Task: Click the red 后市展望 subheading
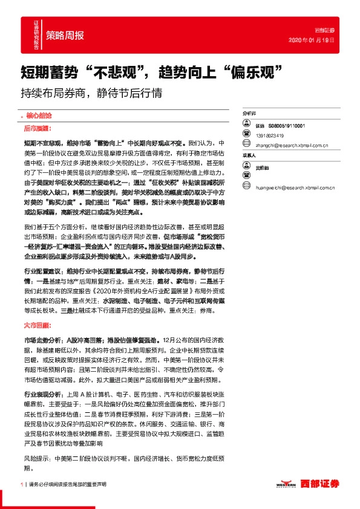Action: (x=38, y=129)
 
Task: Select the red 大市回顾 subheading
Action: (x=38, y=325)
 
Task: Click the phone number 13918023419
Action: (x=270, y=135)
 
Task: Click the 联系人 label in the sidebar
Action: (x=249, y=155)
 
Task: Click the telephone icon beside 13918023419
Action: (x=246, y=135)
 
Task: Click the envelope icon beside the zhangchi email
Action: (x=246, y=145)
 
